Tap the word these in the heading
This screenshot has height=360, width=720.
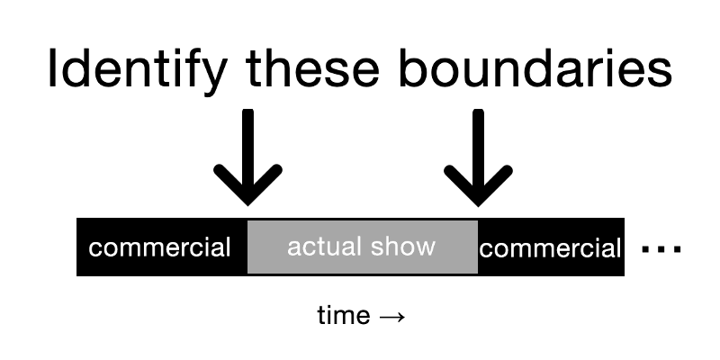tap(312, 68)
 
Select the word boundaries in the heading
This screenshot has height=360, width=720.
tap(535, 68)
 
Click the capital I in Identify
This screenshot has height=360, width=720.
tap(52, 68)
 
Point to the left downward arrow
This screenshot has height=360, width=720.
tap(248, 157)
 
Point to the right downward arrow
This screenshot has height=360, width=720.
tap(478, 157)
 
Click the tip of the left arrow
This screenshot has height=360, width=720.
tap(248, 206)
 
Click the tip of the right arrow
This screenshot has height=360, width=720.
tap(478, 206)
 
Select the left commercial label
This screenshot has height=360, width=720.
tap(159, 248)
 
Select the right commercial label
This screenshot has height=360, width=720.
tap(550, 249)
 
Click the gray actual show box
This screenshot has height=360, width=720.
tap(363, 247)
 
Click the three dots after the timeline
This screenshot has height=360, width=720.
tap(661, 249)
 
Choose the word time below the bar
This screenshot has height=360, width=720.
tap(344, 316)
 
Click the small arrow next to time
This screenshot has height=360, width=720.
tap(392, 317)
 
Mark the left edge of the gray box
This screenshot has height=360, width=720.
tap(248, 247)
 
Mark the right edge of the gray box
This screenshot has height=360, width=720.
tap(478, 247)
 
